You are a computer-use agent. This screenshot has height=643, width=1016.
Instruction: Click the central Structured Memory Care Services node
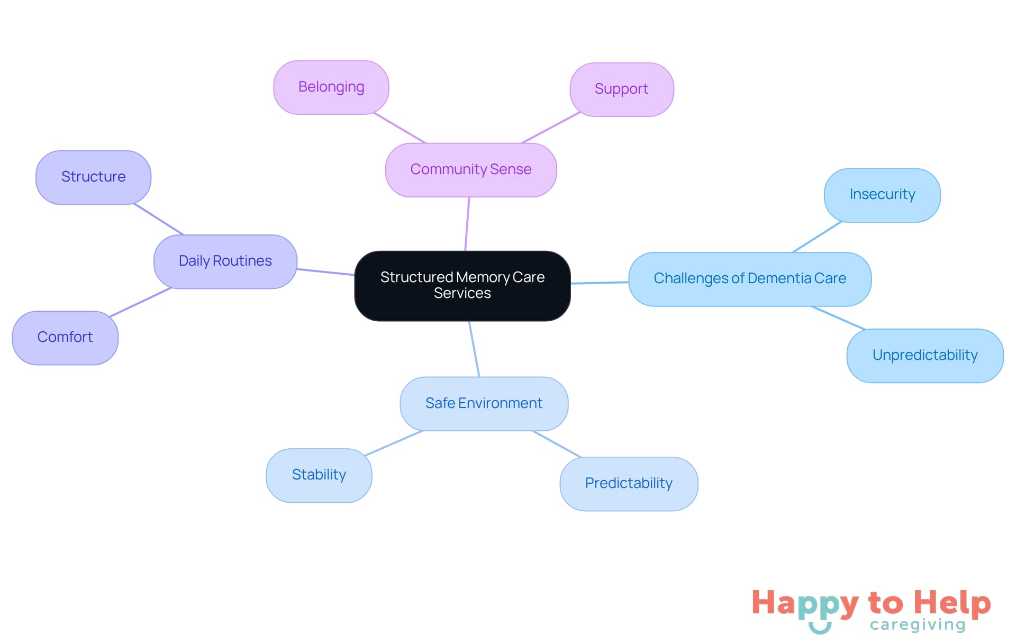click(x=462, y=285)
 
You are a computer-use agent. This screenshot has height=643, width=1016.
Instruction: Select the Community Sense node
click(x=470, y=169)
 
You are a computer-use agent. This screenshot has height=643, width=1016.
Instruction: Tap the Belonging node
click(x=331, y=87)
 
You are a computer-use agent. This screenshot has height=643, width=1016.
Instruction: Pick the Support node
click(x=621, y=89)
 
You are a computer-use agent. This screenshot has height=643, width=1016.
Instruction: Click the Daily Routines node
click(x=225, y=261)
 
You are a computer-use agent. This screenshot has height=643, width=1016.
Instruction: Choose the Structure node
click(x=93, y=177)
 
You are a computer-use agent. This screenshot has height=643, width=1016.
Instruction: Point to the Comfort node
click(x=65, y=337)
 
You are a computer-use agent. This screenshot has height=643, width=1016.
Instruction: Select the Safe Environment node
click(x=484, y=403)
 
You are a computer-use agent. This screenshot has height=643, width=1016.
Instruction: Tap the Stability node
click(x=319, y=475)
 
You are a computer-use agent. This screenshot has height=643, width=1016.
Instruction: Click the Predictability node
click(x=629, y=483)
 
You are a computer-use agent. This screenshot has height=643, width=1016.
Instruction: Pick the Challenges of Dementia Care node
click(x=749, y=278)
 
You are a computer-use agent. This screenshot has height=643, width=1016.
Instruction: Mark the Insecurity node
click(x=882, y=195)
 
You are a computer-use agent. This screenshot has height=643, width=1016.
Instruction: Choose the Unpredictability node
click(x=924, y=355)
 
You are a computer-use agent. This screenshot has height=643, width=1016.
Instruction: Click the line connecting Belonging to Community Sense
click(x=400, y=128)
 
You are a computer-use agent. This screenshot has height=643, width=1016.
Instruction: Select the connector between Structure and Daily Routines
click(x=159, y=219)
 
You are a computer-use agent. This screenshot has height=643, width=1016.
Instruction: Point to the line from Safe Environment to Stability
click(x=394, y=443)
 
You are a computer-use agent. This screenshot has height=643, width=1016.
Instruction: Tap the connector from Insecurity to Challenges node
click(x=817, y=237)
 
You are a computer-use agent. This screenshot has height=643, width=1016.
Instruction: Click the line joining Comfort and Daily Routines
click(x=140, y=302)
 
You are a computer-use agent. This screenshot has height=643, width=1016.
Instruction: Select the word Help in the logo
click(x=952, y=603)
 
